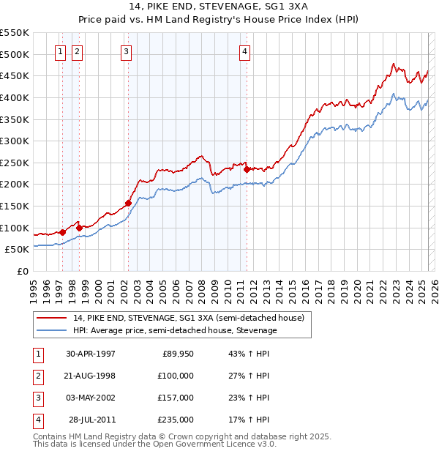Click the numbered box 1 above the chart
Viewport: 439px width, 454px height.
(x=59, y=51)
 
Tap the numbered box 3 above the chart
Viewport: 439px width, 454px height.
(x=127, y=51)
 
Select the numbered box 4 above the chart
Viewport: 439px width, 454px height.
(x=244, y=51)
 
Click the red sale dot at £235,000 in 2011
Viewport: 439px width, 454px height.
(x=247, y=169)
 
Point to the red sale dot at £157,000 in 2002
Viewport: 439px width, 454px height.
(x=128, y=203)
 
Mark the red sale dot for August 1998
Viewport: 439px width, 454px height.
(x=79, y=228)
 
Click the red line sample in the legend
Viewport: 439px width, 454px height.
(x=51, y=318)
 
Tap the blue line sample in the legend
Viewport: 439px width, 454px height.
(x=51, y=330)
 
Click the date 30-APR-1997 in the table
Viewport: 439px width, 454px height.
(x=91, y=354)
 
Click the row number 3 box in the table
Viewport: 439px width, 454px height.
(x=37, y=398)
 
